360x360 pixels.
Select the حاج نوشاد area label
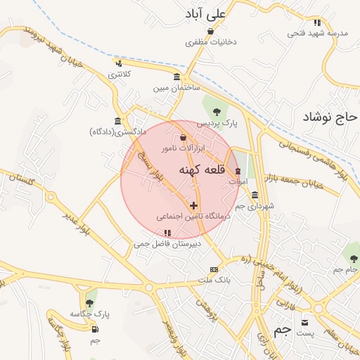[330, 117]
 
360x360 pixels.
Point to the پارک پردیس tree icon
[217, 111]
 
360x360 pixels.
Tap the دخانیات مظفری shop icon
[210, 31]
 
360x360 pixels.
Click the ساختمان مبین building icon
[176, 77]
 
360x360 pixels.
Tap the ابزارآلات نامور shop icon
[184, 138]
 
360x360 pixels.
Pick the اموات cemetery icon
[238, 172]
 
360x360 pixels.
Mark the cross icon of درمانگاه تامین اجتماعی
[194, 205]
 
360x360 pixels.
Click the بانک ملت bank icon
[214, 269]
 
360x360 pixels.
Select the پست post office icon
[304, 322]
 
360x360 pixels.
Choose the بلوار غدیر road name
[75, 224]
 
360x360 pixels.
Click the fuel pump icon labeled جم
[95, 328]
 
